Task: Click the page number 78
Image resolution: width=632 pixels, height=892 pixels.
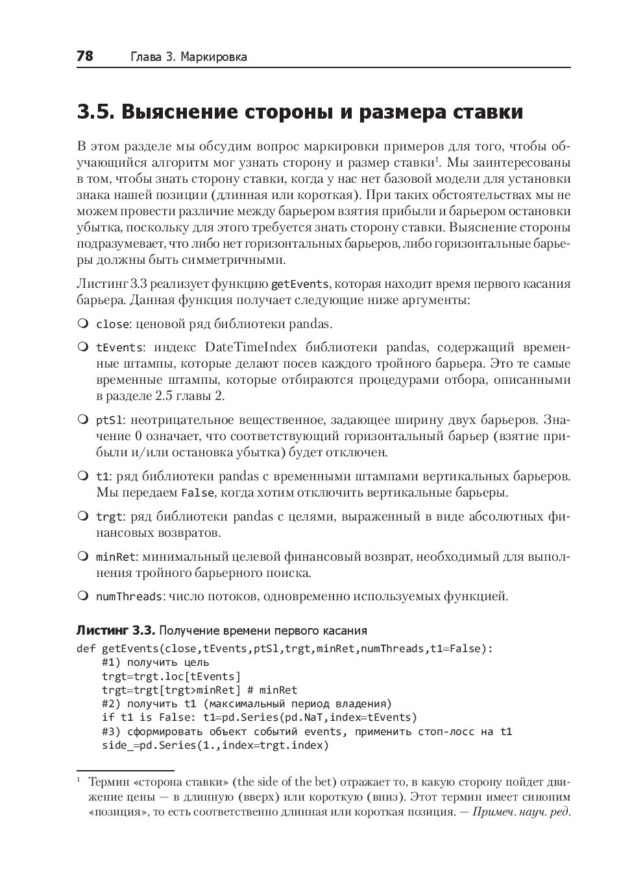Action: [x=85, y=56]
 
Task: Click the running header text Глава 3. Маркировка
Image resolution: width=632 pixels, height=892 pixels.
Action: [x=189, y=57]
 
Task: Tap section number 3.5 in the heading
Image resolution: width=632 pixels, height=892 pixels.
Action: [x=95, y=112]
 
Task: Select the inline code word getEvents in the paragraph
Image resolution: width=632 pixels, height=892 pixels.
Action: [x=300, y=284]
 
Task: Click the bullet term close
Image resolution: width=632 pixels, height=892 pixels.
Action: [x=111, y=324]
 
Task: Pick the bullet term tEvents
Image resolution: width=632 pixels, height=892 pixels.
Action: [x=119, y=347]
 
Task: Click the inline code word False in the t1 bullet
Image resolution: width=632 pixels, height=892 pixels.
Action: [x=197, y=493]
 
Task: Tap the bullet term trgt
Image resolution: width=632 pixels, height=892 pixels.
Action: [x=109, y=517]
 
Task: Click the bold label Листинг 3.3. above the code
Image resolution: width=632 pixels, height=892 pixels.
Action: [x=116, y=630]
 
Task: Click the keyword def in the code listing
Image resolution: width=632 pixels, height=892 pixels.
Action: [x=86, y=648]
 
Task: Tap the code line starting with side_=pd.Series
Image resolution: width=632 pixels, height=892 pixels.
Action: [x=215, y=745]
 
